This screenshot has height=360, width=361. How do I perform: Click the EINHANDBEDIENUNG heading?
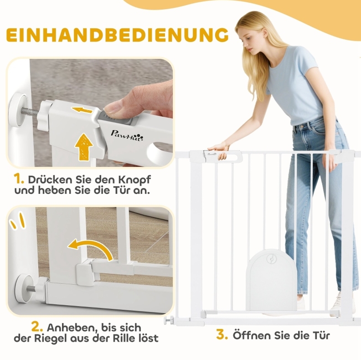(117, 35)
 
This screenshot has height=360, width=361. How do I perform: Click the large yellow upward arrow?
(84, 147)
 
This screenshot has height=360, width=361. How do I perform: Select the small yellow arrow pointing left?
(82, 110)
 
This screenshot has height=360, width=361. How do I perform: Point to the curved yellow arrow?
(92, 248)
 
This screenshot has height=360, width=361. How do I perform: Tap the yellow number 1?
(19, 179)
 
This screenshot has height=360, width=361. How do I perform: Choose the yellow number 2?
(37, 328)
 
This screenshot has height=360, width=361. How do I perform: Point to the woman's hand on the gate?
(219, 150)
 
